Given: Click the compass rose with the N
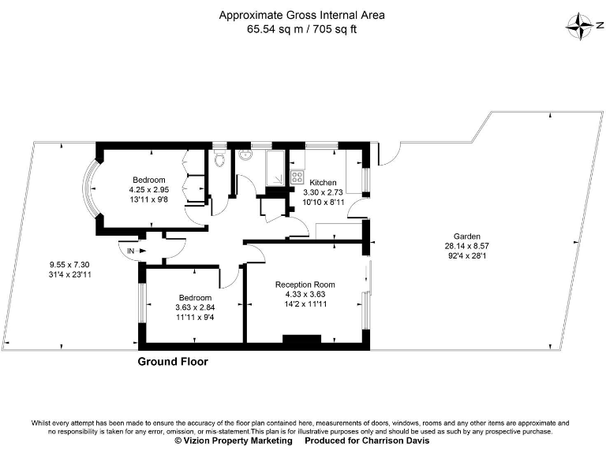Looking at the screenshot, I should tap(582, 26).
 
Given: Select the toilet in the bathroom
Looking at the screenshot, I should tap(220, 160).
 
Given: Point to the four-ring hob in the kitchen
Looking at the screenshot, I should tap(298, 177).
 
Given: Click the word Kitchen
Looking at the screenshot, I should tap(324, 182).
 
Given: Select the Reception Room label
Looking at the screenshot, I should tap(305, 285).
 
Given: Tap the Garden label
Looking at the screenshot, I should tap(466, 236).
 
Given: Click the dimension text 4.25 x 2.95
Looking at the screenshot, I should tap(149, 190).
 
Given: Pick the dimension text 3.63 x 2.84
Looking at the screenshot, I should tap(195, 307).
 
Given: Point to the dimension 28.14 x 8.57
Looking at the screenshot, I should tap(466, 246).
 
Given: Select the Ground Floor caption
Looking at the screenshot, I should tap(173, 362).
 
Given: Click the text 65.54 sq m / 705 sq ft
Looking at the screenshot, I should tap(302, 29).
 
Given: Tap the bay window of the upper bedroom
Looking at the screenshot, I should tap(91, 189).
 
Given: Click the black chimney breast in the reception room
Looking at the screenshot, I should tap(302, 340).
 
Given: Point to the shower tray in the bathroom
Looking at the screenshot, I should tap(277, 167).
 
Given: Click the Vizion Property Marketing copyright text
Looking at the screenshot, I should tap(233, 441).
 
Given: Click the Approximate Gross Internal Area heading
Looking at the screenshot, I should tap(302, 15).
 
